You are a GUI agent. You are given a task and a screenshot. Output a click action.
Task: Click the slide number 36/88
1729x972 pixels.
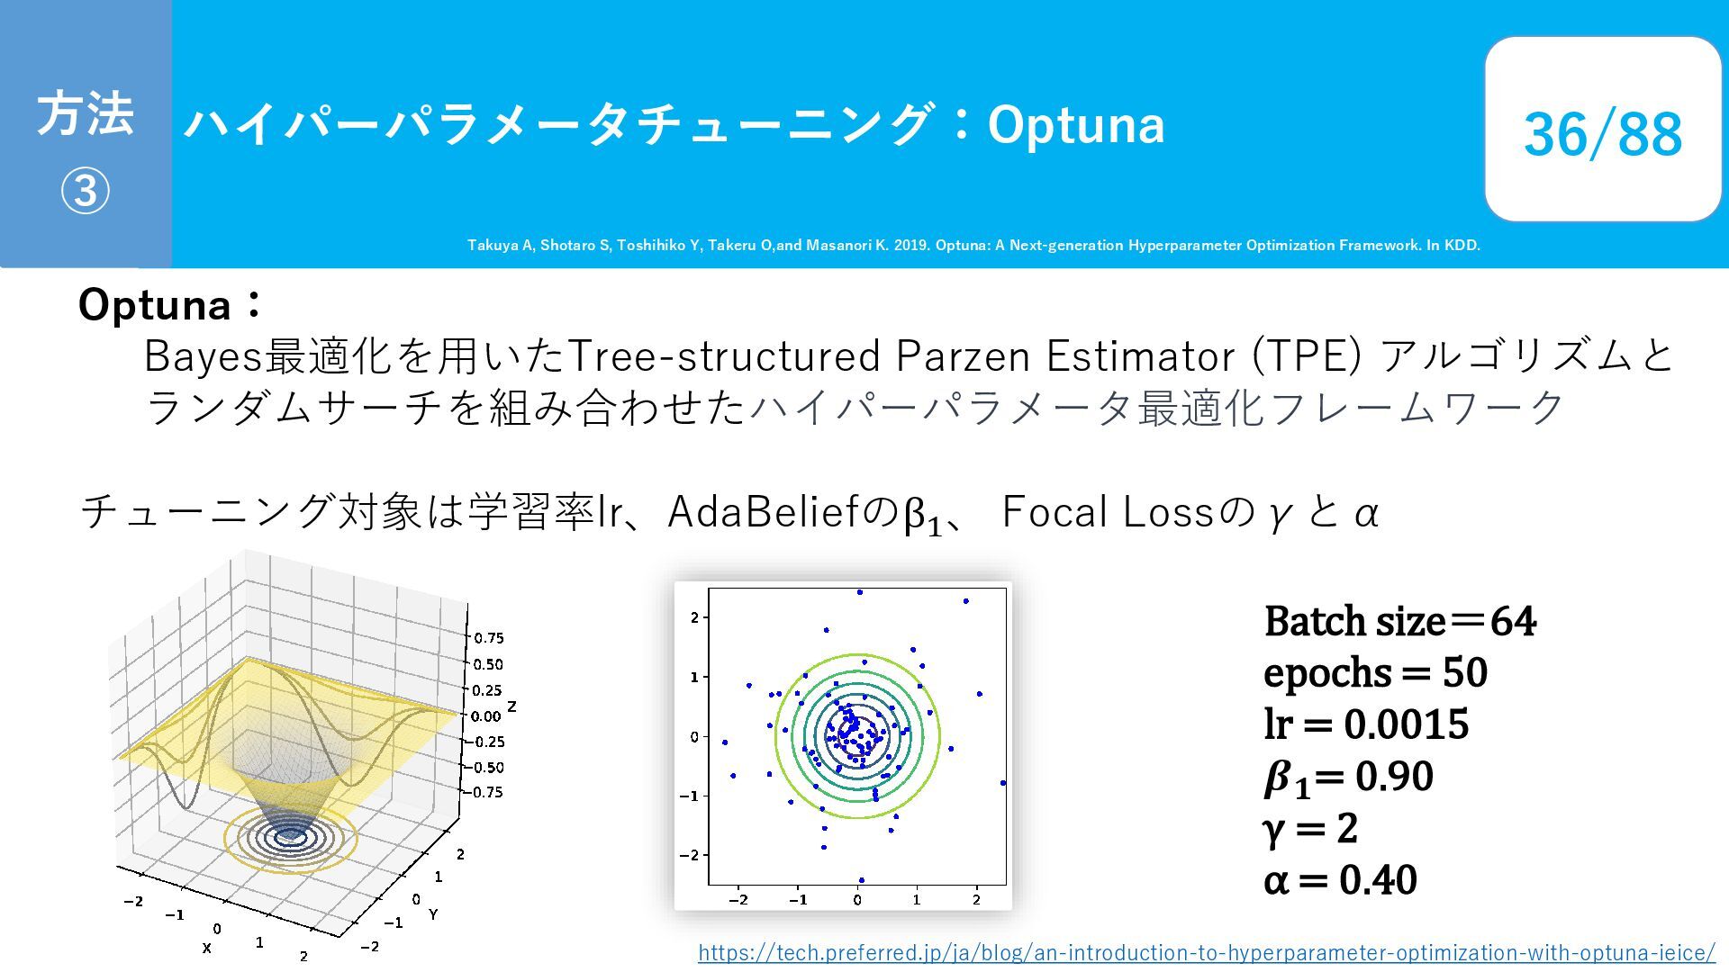1602,134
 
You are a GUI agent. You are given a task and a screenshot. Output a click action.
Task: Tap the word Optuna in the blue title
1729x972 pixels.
1076,124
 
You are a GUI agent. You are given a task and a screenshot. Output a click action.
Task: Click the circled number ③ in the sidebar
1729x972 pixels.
86,191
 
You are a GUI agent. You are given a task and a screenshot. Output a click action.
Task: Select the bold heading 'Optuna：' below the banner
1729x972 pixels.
170,305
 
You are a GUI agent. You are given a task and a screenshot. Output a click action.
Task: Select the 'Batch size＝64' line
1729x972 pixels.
1399,622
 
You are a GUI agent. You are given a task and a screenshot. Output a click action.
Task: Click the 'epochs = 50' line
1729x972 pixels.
1375,673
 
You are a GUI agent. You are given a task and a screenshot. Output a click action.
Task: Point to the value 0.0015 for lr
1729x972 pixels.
1406,724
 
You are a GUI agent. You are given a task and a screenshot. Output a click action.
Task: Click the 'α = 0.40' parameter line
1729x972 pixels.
1340,880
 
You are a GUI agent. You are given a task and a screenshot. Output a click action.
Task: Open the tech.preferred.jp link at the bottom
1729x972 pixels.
1207,952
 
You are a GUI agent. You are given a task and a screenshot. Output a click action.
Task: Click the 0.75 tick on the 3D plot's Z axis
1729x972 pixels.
488,638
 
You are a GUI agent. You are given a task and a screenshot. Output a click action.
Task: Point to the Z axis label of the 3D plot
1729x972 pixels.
511,706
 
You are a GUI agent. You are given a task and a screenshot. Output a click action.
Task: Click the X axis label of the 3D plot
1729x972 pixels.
207,948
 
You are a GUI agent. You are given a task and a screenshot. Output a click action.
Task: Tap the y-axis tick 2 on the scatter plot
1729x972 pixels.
694,617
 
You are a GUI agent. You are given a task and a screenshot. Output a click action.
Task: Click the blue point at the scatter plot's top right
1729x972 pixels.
965,601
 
